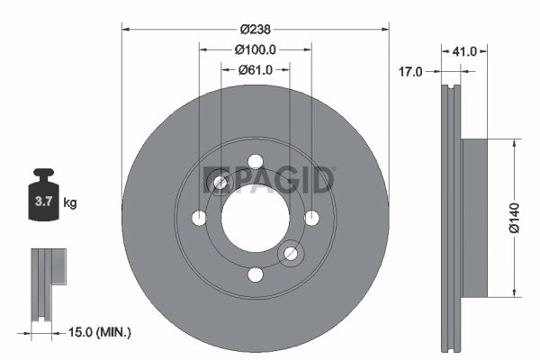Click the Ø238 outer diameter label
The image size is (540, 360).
click(x=256, y=30)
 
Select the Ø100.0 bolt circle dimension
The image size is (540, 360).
click(x=256, y=50)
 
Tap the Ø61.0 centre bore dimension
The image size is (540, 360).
click(x=256, y=70)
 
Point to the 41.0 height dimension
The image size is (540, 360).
click(x=464, y=51)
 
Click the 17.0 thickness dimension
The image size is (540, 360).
click(x=410, y=72)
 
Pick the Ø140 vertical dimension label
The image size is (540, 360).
click(x=514, y=218)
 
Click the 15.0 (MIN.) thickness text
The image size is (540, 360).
click(x=100, y=332)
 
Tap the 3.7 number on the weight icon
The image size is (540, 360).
click(x=43, y=202)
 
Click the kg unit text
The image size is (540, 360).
click(x=70, y=202)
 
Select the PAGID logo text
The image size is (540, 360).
click(x=268, y=180)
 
